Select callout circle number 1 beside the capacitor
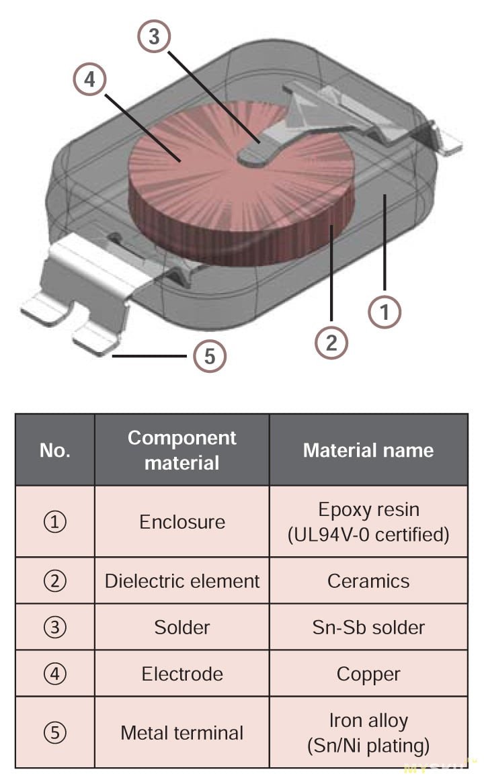point(385,312)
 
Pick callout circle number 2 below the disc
point(331,343)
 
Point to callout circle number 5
point(210,355)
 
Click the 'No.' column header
point(55,450)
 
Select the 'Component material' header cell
point(182,450)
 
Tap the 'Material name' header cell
point(368,450)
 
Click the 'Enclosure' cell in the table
point(182,522)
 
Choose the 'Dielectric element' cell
point(182,581)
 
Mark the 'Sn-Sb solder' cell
point(368,627)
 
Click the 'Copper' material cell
point(368,674)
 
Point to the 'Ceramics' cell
point(368,581)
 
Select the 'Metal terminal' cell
point(182,732)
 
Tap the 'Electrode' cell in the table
point(182,674)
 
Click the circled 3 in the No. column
point(55,627)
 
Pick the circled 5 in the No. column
point(55,732)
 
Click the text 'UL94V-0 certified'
point(368,535)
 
